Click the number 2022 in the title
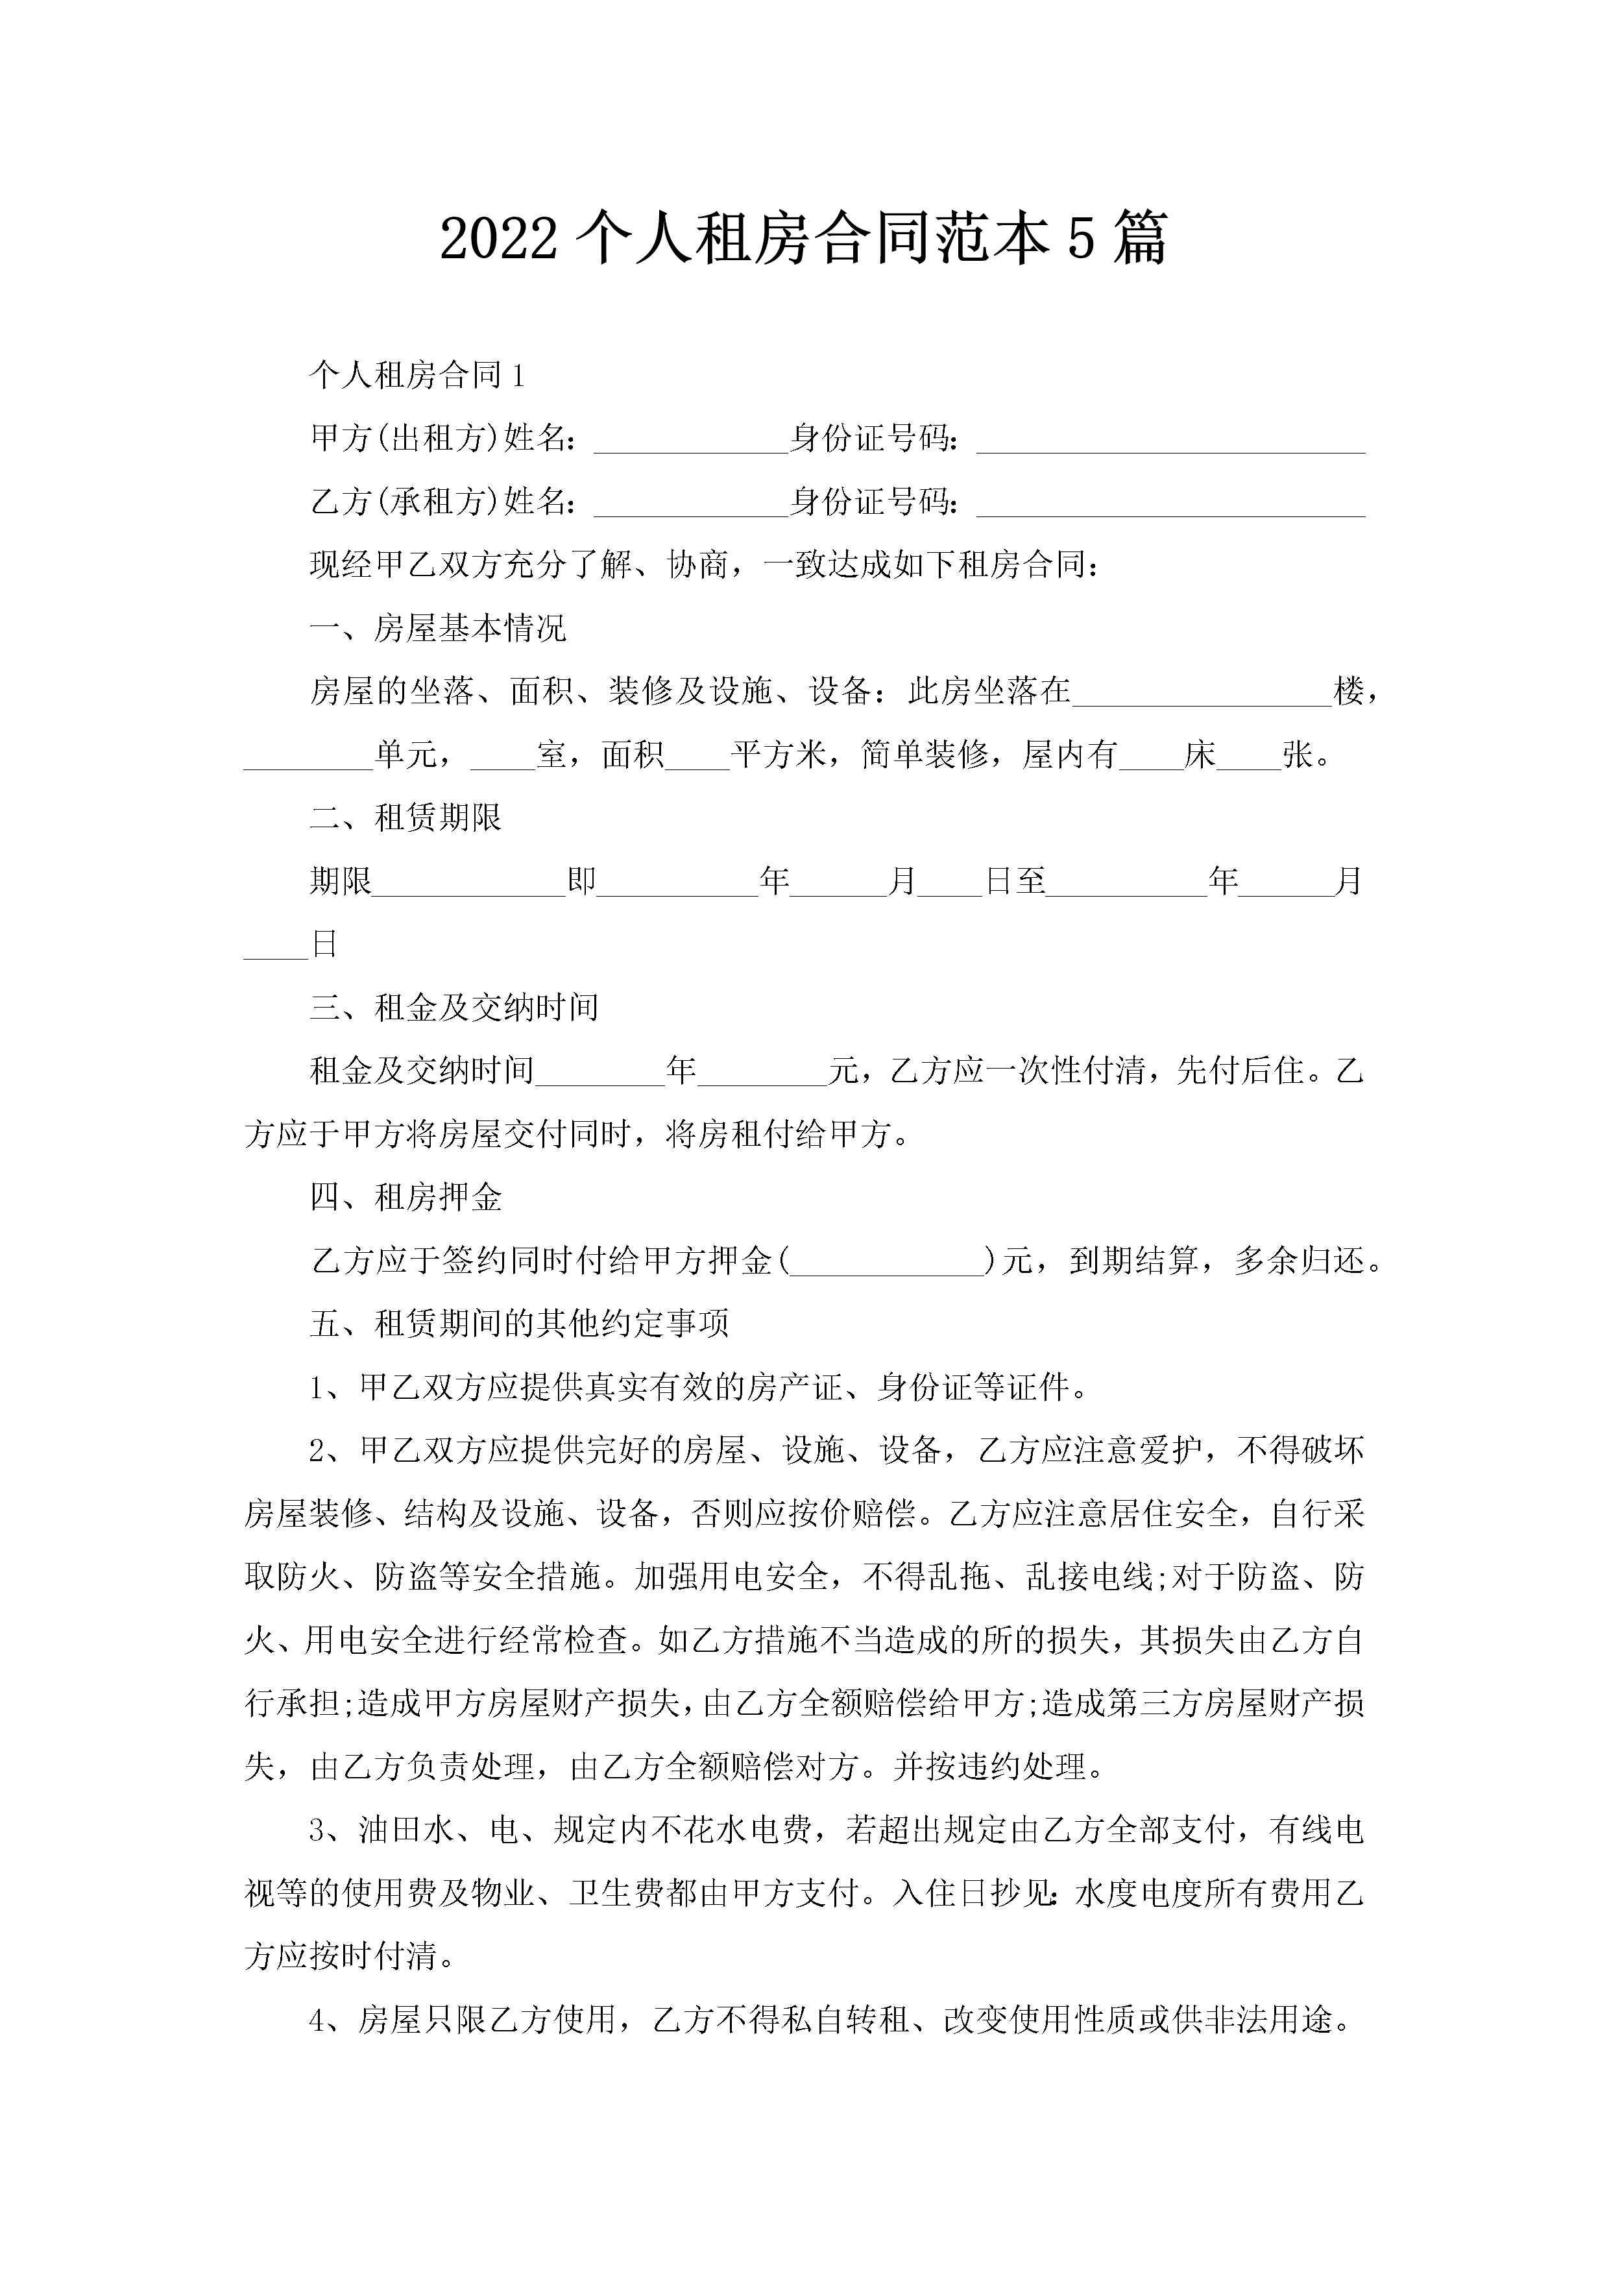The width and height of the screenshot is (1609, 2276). tap(498, 241)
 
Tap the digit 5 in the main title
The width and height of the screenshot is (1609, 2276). tap(1081, 241)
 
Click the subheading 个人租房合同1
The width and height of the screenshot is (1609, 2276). tap(417, 375)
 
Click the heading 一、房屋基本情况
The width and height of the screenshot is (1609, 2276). tap(437, 629)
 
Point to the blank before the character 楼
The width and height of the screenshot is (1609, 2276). tap(1202, 692)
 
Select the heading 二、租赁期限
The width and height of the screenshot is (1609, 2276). tap(405, 817)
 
